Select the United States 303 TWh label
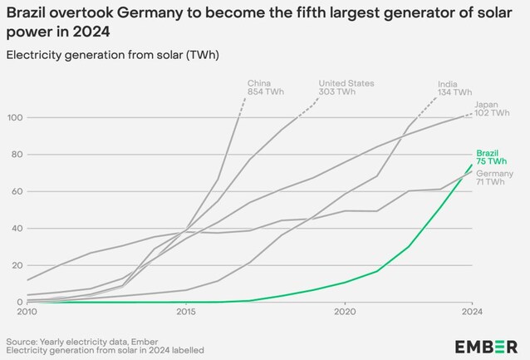(346, 87)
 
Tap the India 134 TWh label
(454, 88)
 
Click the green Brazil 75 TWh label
(488, 158)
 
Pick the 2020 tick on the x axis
(345, 313)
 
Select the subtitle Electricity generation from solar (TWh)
(112, 54)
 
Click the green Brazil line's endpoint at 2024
(472, 165)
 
